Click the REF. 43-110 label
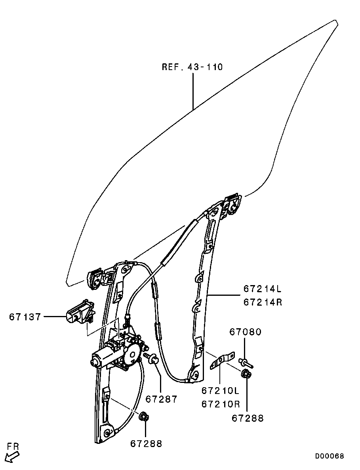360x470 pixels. click(x=192, y=67)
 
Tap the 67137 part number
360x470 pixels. click(x=25, y=317)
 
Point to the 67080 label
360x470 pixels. click(x=246, y=332)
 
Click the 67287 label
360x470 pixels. click(x=162, y=399)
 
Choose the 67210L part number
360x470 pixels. click(x=221, y=390)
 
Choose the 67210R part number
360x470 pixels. click(x=221, y=404)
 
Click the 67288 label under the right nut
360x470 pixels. click(x=248, y=418)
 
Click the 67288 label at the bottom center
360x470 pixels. click(x=146, y=443)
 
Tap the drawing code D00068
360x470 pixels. click(x=329, y=456)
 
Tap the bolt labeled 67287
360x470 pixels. click(x=151, y=358)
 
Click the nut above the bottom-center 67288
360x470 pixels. click(x=144, y=417)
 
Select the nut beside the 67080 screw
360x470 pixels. click(x=247, y=374)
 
